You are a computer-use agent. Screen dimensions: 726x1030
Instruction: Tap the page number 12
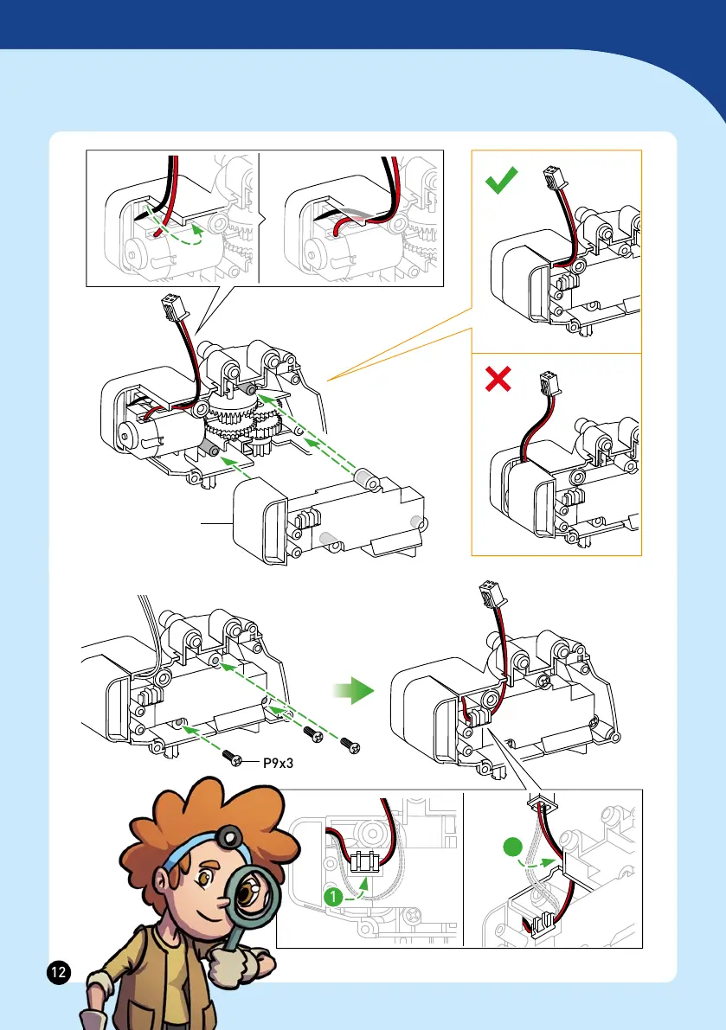click(x=58, y=972)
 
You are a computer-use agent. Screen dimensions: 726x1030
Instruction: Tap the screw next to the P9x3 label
click(x=235, y=758)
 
